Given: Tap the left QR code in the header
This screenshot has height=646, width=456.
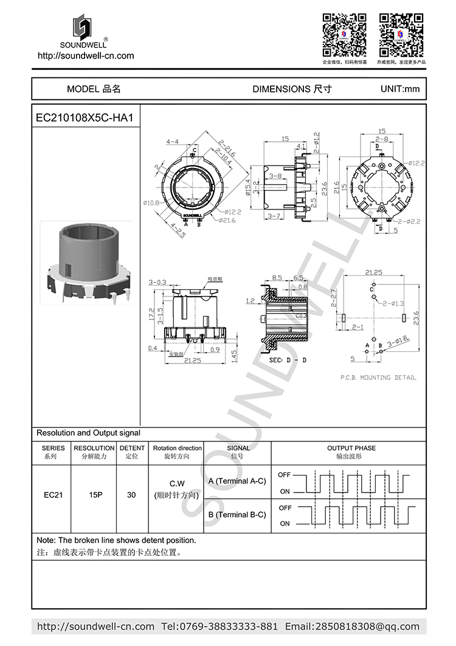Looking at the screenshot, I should [344, 34].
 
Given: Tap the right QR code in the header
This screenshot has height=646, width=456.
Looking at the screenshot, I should [401, 34].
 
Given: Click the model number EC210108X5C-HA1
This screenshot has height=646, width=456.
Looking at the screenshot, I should [85, 118].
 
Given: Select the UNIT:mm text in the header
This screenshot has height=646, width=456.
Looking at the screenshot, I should [399, 89].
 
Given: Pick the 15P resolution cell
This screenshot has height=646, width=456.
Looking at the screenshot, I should [95, 494].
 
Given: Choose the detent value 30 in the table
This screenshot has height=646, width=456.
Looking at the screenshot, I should [131, 494].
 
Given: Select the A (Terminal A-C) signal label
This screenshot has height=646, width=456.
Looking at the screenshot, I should [237, 481].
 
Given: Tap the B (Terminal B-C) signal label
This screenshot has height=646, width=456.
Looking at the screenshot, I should [237, 514].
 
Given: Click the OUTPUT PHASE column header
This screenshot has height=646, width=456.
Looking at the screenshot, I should [351, 448].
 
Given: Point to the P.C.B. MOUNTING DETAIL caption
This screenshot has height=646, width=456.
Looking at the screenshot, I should [378, 377].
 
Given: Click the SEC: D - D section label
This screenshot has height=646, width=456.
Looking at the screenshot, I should [288, 360].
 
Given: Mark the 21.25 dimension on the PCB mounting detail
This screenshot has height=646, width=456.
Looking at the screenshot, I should [373, 273].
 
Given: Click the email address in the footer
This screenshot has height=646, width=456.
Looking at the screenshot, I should [352, 627].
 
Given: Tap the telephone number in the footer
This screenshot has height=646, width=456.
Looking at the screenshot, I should [219, 627].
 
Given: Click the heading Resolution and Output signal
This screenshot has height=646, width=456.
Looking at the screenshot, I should [88, 433].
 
